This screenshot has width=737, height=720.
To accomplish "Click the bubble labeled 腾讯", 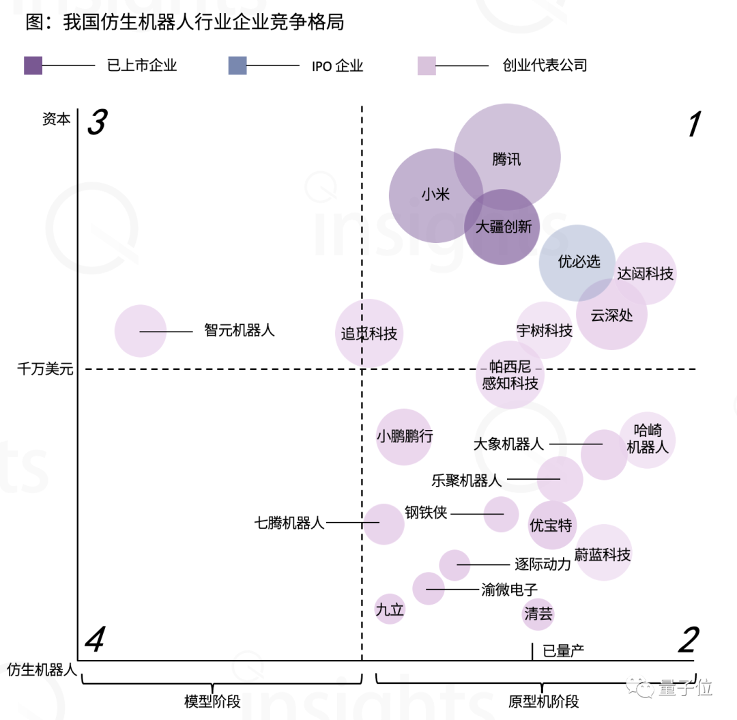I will [x=507, y=158].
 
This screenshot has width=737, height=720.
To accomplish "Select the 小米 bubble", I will [x=435, y=195].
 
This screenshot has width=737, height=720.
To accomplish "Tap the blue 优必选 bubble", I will [x=577, y=262].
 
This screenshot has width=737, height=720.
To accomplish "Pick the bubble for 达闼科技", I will [x=646, y=274].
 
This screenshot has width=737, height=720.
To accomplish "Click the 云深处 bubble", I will [x=611, y=315].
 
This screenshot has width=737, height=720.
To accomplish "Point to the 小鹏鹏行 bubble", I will [x=404, y=437].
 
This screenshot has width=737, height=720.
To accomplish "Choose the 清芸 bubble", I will [x=538, y=614].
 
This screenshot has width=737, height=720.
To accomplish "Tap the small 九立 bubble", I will [x=390, y=609].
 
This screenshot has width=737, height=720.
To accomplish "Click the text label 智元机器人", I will [x=239, y=330].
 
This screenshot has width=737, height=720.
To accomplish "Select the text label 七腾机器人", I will [x=289, y=523].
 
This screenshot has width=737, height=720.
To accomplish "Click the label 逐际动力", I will [x=542, y=564].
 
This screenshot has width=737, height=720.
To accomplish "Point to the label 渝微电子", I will [x=509, y=590].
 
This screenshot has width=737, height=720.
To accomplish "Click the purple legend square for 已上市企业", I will [x=33, y=66].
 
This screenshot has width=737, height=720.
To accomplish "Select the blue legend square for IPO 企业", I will [x=237, y=66].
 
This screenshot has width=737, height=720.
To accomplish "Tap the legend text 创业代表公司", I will [x=545, y=66].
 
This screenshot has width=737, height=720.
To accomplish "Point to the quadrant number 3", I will [x=97, y=123].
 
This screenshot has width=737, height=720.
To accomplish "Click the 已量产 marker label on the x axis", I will [x=563, y=650].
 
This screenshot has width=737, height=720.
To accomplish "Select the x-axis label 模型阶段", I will [x=212, y=702].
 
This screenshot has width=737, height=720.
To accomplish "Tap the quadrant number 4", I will [x=94, y=640].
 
